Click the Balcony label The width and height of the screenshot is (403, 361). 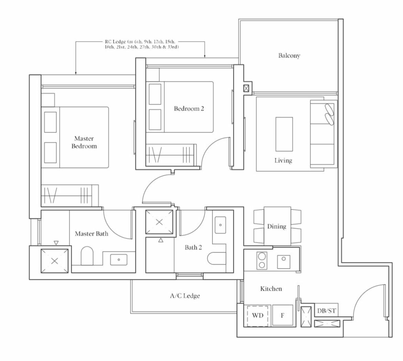pyautogui.click(x=289, y=55)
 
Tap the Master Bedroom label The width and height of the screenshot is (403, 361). pyautogui.click(x=84, y=142)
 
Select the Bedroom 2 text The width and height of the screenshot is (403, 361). pyautogui.click(x=189, y=109)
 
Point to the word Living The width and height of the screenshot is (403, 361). pyautogui.click(x=283, y=161)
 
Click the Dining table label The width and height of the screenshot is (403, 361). pyautogui.click(x=276, y=226)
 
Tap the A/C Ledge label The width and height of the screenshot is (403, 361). pyautogui.click(x=185, y=296)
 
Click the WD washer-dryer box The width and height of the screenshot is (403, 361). pyautogui.click(x=258, y=316)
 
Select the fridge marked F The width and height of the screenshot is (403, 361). pyautogui.click(x=282, y=316)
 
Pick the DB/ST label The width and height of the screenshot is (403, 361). pyautogui.click(x=326, y=311)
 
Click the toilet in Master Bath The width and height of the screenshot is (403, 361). pyautogui.click(x=87, y=256)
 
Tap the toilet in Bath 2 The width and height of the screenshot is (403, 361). pyautogui.click(x=217, y=258)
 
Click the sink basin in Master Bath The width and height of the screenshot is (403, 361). pyautogui.click(x=119, y=259)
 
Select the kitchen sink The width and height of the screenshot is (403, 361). pyautogui.click(x=283, y=262)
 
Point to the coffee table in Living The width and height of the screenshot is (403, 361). pyautogui.click(x=284, y=134)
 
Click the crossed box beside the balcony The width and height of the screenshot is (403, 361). pyautogui.click(x=246, y=88)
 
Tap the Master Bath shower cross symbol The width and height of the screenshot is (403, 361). pyautogui.click(x=54, y=261)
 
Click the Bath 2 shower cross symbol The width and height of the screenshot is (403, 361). pyautogui.click(x=159, y=222)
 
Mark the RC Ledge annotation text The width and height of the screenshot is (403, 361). pyautogui.click(x=142, y=44)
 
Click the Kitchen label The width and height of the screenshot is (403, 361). pyautogui.click(x=271, y=289)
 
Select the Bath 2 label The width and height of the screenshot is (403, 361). pyautogui.click(x=193, y=247)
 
